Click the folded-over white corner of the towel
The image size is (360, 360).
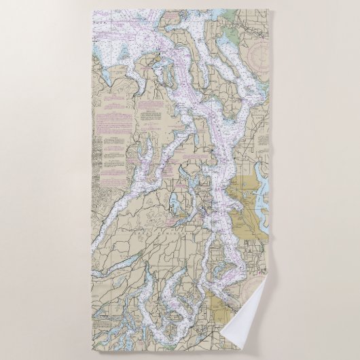tap(254, 329)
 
